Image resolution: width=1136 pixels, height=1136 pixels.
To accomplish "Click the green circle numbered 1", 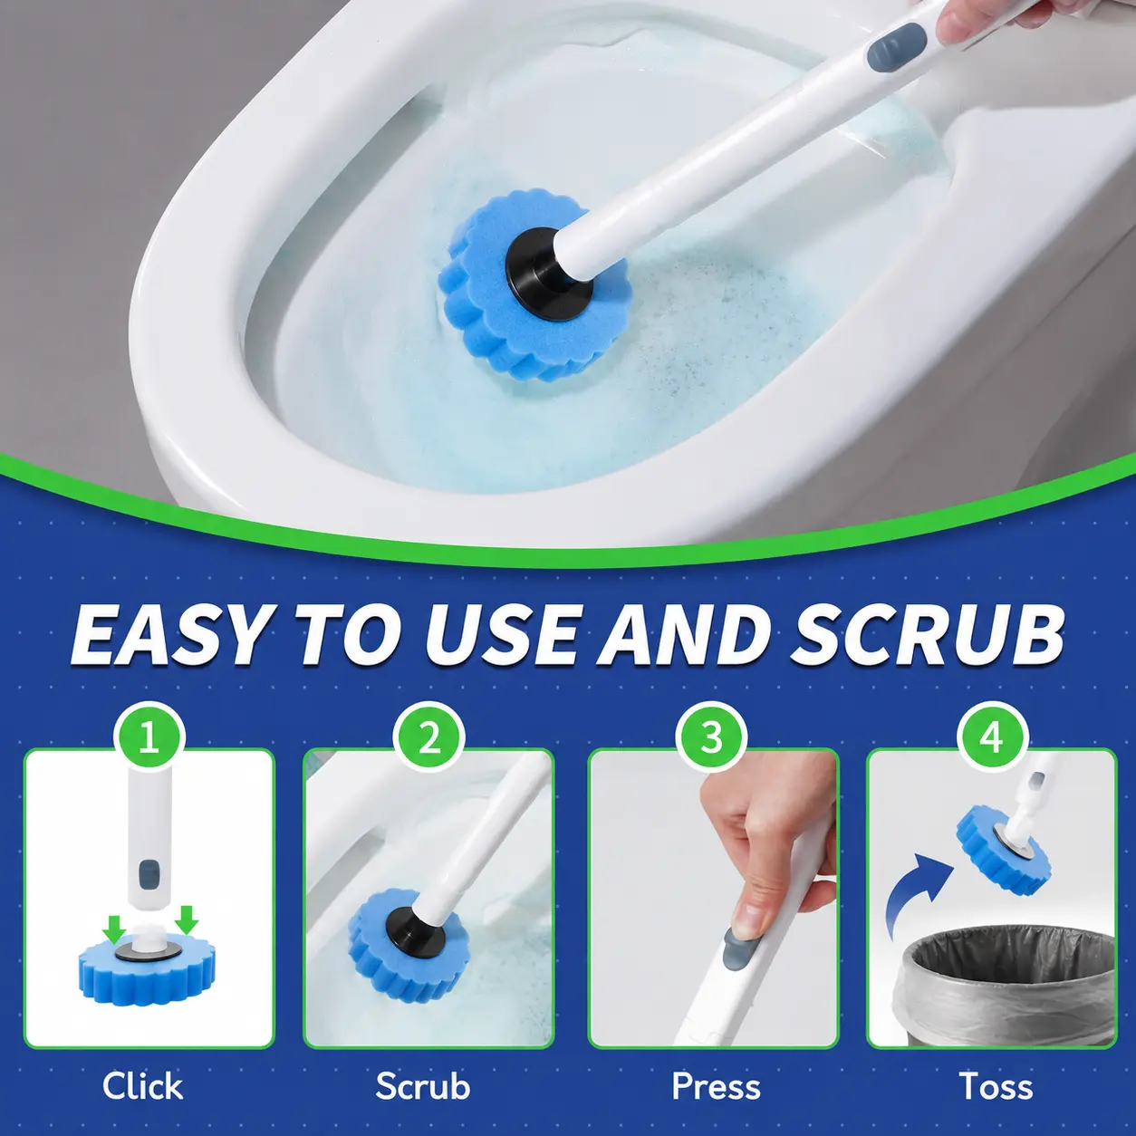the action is pos(149,736).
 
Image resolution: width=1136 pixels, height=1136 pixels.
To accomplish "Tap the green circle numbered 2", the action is pos(429,736).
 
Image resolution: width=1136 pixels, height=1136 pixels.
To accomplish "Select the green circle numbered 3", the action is pos(712,736).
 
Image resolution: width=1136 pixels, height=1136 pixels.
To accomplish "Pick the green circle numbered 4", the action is pos(992,736).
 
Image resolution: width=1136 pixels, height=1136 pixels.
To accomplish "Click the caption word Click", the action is pos(142,1086).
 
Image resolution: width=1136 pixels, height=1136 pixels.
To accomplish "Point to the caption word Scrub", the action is pos(423,1086).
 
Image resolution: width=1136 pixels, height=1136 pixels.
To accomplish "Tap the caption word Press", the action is pos(716,1086).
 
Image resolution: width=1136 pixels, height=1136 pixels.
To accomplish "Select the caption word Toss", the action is pos(996,1086).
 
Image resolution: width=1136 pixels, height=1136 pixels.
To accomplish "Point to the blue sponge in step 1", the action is pos(148,973).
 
